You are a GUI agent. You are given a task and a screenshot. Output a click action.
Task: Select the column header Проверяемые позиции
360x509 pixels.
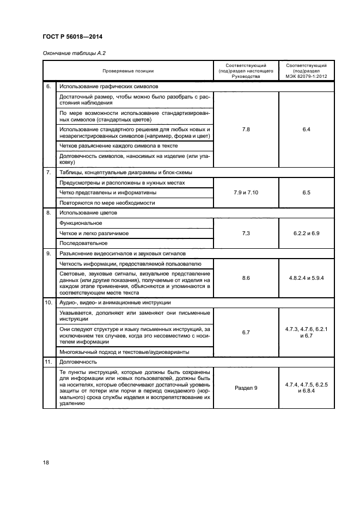pos(128,71)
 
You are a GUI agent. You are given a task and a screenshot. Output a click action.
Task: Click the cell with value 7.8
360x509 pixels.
pos(246,130)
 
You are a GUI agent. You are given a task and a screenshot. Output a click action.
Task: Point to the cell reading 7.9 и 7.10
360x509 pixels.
pos(246,192)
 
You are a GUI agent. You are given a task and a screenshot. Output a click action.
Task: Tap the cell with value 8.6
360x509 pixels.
pos(246,278)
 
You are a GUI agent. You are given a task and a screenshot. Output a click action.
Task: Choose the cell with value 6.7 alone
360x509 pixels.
pos(246,330)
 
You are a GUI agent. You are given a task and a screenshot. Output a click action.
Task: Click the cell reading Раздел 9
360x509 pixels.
pos(246,388)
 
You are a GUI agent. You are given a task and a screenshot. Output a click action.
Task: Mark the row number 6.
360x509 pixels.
pos(48,86)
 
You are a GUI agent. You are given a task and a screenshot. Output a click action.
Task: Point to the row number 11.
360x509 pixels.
pos(48,361)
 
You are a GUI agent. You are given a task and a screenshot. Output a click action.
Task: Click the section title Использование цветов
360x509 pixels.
pos(88,213)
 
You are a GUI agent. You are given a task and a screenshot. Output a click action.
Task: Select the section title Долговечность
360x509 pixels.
pos(78,361)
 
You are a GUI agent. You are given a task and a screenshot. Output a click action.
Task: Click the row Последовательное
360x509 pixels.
pos(83,243)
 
